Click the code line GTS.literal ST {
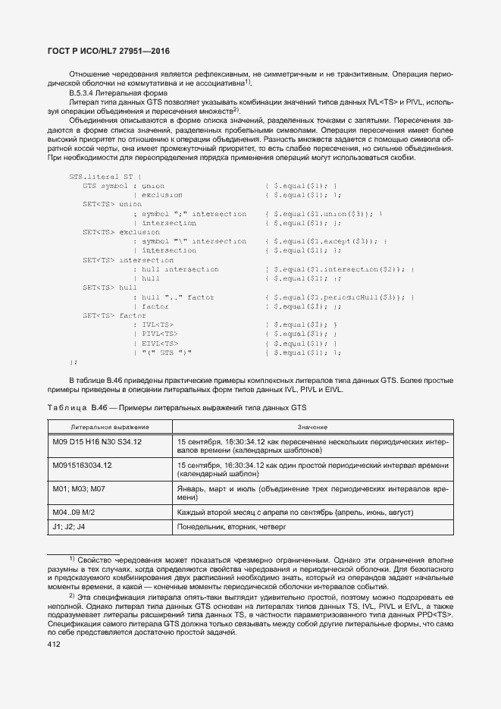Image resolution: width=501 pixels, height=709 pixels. pos(94,176)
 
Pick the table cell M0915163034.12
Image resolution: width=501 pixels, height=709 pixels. pos(82,465)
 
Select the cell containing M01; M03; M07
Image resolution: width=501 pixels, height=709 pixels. pos(79,489)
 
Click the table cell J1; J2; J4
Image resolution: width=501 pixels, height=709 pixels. pos(69,526)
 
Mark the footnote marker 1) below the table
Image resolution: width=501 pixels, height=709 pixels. pos(72,559)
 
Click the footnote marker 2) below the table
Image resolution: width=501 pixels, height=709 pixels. pos(72,595)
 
